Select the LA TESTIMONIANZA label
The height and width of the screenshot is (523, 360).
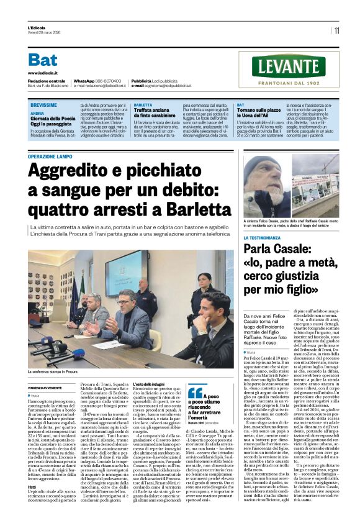(x=267, y=238)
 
